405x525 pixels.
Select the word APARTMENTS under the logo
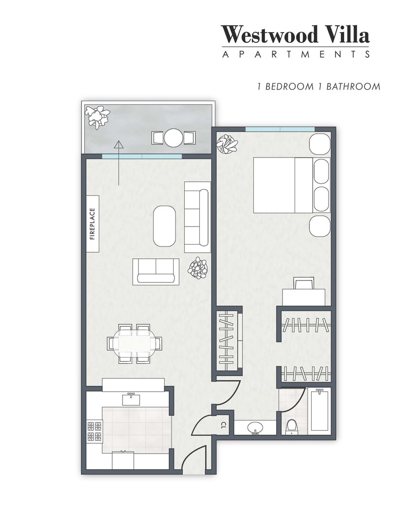click(296, 54)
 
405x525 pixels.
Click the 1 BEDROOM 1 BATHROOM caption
click(318, 87)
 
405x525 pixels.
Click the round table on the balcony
click(173, 138)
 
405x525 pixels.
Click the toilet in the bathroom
click(292, 426)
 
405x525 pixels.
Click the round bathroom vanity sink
click(255, 428)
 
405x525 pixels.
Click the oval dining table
click(134, 344)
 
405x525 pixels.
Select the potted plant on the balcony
click(97, 116)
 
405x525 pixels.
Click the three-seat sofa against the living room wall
click(197, 217)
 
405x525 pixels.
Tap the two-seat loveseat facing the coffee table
click(156, 271)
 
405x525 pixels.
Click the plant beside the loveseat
click(198, 268)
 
